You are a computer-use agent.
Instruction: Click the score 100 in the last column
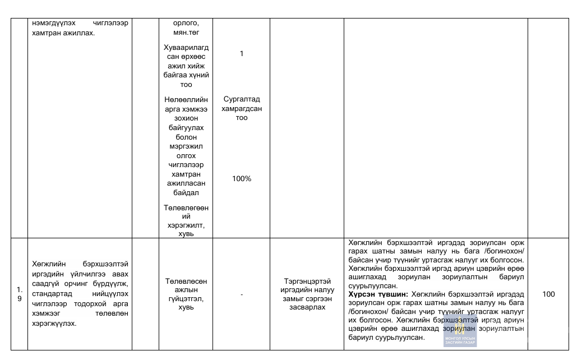click(548, 294)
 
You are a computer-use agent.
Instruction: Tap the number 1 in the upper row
click(242, 54)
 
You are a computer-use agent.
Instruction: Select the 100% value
click(242, 178)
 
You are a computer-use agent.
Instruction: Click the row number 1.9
click(20, 294)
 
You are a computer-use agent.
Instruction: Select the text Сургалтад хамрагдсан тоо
click(242, 109)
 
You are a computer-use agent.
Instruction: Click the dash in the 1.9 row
click(242, 294)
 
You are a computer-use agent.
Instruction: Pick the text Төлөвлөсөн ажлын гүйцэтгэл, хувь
click(186, 294)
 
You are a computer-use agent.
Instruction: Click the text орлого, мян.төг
click(186, 27)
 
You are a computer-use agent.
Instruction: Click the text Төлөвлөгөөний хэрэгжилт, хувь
click(186, 220)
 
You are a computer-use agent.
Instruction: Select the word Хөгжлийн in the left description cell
click(49, 264)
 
